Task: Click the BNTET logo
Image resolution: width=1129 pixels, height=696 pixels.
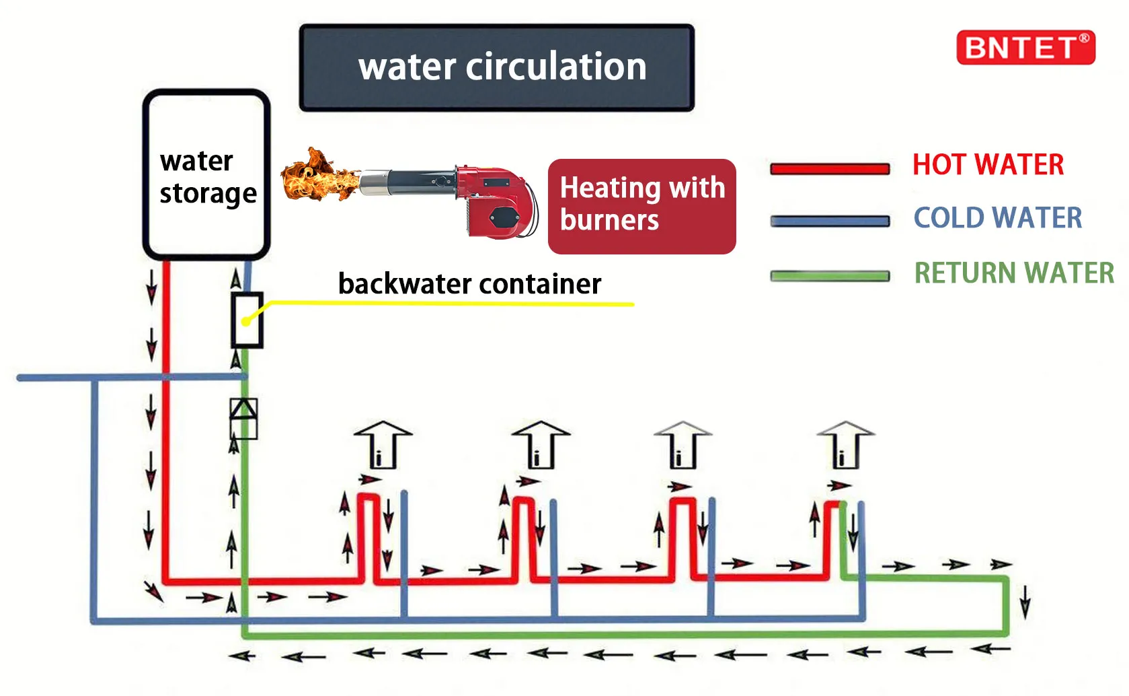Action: tap(1025, 48)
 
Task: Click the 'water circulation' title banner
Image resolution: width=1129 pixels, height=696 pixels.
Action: tap(496, 67)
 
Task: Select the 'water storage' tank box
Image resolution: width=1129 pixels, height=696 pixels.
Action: tap(206, 174)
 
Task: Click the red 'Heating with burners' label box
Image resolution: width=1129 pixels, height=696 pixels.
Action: tap(641, 206)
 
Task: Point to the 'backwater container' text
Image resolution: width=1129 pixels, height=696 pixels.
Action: tap(469, 284)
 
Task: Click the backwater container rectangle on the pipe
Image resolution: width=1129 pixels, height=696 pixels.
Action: tap(247, 320)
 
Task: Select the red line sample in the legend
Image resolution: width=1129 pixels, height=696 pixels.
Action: tap(830, 168)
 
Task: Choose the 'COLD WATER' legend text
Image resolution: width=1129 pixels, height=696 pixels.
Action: tap(997, 218)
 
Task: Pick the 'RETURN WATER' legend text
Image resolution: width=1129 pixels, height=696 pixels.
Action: tap(1014, 273)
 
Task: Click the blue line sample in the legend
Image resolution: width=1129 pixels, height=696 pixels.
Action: tap(830, 221)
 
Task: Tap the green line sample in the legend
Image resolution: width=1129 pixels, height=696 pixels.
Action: tap(830, 276)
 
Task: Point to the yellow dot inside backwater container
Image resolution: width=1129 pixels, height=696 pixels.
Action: tap(246, 322)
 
